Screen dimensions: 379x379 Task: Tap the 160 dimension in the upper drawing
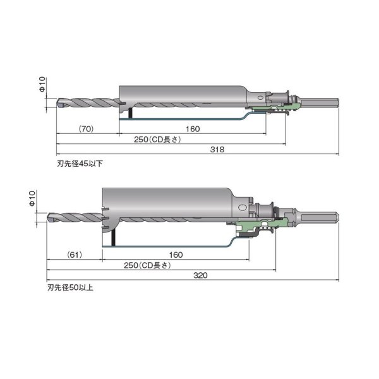coord(193,128)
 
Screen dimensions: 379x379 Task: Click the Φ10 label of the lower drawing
coord(33,200)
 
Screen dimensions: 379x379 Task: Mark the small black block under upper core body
coord(129,112)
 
